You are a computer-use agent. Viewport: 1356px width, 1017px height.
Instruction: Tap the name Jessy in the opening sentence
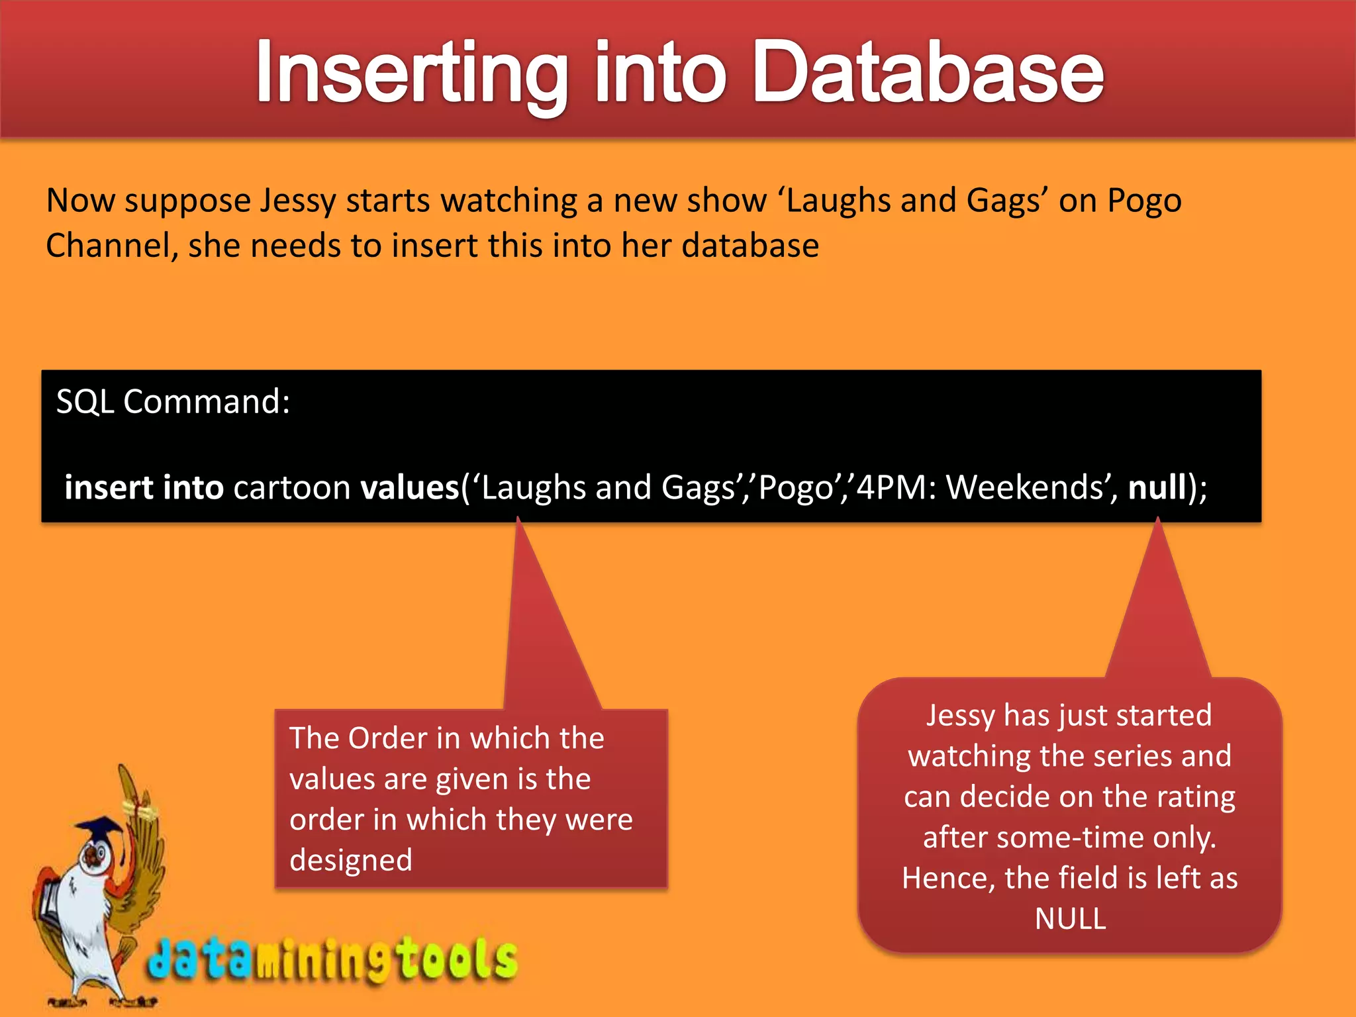[297, 201]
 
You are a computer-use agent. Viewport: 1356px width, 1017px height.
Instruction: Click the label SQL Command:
[173, 402]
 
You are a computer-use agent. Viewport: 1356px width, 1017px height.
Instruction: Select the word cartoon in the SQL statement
[291, 488]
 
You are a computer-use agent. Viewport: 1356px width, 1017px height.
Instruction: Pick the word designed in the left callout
[351, 861]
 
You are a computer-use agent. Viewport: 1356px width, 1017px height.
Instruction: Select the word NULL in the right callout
[1070, 919]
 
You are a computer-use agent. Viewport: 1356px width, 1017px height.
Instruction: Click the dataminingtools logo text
[331, 959]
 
